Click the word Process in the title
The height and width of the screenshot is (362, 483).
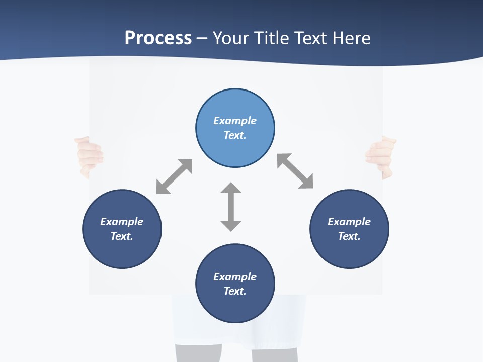tap(158, 38)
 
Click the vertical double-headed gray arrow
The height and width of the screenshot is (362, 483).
tap(231, 207)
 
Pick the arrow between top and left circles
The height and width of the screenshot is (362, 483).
tap(174, 176)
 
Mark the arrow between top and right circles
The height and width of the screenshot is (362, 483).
tap(295, 171)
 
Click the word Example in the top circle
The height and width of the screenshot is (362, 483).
tap(235, 121)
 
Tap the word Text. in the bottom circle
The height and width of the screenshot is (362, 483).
tap(235, 291)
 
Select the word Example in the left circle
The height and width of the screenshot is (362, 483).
tap(122, 222)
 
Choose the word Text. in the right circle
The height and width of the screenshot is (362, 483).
tap(349, 236)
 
